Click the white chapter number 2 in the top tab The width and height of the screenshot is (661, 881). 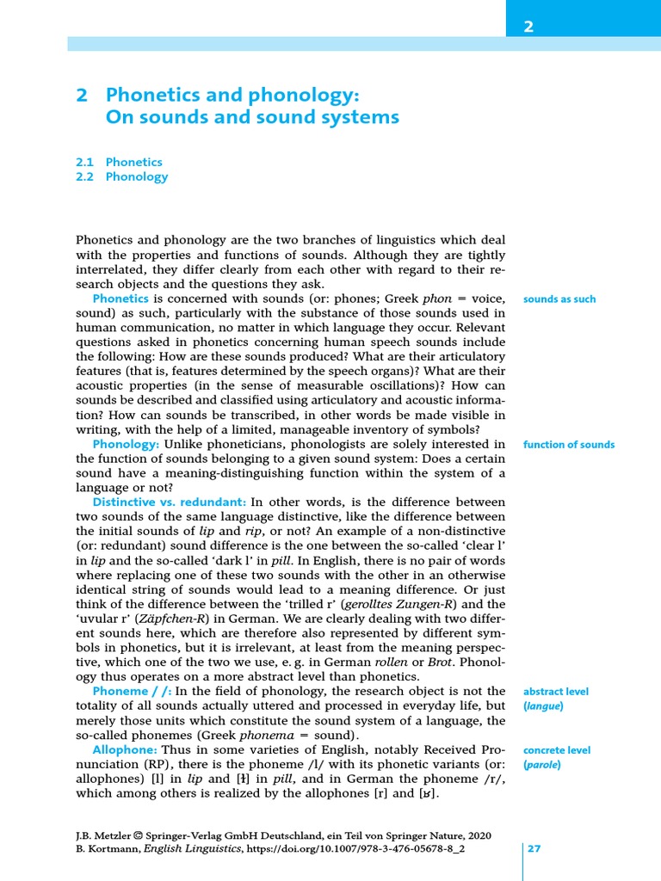click(x=529, y=27)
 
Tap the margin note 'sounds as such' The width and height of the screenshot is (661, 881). click(x=559, y=299)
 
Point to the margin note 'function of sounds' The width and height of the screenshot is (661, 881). click(x=568, y=445)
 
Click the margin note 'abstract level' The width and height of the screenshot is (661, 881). click(x=556, y=691)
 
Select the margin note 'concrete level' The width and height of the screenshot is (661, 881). click(x=556, y=750)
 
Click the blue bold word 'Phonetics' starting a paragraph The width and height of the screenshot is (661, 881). click(x=120, y=298)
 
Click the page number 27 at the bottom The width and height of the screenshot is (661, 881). click(x=534, y=848)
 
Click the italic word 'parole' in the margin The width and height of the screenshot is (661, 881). click(x=542, y=765)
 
